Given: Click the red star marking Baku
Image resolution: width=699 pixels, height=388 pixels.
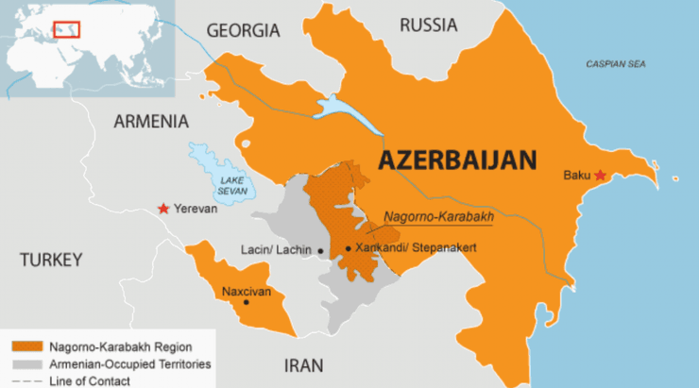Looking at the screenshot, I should pyautogui.click(x=600, y=176).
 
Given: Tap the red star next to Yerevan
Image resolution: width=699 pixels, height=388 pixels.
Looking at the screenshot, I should pyautogui.click(x=164, y=209).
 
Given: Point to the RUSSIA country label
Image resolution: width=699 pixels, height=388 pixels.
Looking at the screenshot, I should pyautogui.click(x=429, y=25).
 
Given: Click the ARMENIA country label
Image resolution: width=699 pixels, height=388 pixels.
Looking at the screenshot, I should pyautogui.click(x=151, y=121).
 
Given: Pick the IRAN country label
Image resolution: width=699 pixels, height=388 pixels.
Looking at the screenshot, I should pyautogui.click(x=303, y=365).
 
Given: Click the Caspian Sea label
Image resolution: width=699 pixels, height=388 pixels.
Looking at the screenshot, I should pyautogui.click(x=616, y=64).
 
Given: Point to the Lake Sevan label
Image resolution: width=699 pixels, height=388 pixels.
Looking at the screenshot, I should pyautogui.click(x=232, y=183).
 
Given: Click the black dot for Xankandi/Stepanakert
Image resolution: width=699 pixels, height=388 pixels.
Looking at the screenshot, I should pyautogui.click(x=349, y=248).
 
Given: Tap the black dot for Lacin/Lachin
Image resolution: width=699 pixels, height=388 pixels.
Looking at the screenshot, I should pyautogui.click(x=322, y=250).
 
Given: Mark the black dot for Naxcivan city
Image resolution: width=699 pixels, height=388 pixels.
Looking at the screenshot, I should pyautogui.click(x=247, y=303).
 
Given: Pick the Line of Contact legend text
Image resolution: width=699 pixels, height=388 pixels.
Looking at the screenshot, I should pyautogui.click(x=92, y=380).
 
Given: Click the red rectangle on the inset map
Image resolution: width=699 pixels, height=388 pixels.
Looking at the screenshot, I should pyautogui.click(x=66, y=27).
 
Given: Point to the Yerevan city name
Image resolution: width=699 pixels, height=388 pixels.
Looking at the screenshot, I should pyautogui.click(x=196, y=209).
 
